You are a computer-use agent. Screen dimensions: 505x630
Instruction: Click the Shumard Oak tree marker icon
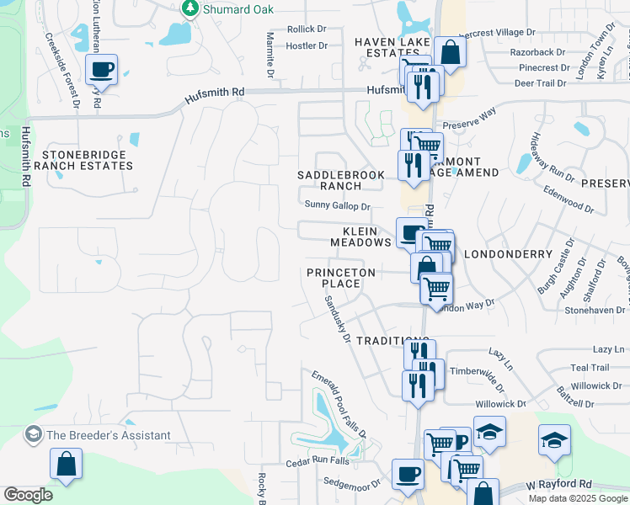point(190,8)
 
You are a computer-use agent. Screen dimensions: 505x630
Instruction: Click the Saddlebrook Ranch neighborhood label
point(341,180)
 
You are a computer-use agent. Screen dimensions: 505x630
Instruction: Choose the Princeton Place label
point(334,278)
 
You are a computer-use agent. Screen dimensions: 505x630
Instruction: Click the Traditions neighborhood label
point(387,340)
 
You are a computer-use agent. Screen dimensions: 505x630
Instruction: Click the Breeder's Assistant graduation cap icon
point(34,435)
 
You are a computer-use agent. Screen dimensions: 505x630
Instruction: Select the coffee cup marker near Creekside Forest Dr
point(101,70)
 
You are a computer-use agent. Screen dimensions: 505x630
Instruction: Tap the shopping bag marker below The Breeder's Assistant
point(66,464)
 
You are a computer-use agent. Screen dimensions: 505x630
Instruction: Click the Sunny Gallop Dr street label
point(337,205)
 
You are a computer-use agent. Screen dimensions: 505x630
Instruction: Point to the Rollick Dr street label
point(307,29)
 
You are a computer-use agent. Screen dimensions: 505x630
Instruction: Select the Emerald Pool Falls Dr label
point(339,404)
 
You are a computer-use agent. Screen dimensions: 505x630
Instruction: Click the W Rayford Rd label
point(559,485)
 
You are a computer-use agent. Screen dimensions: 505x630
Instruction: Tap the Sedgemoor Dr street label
point(353,483)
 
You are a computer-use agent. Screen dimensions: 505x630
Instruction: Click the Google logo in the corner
point(28,495)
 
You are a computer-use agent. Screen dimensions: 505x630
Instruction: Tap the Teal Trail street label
point(589,368)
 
